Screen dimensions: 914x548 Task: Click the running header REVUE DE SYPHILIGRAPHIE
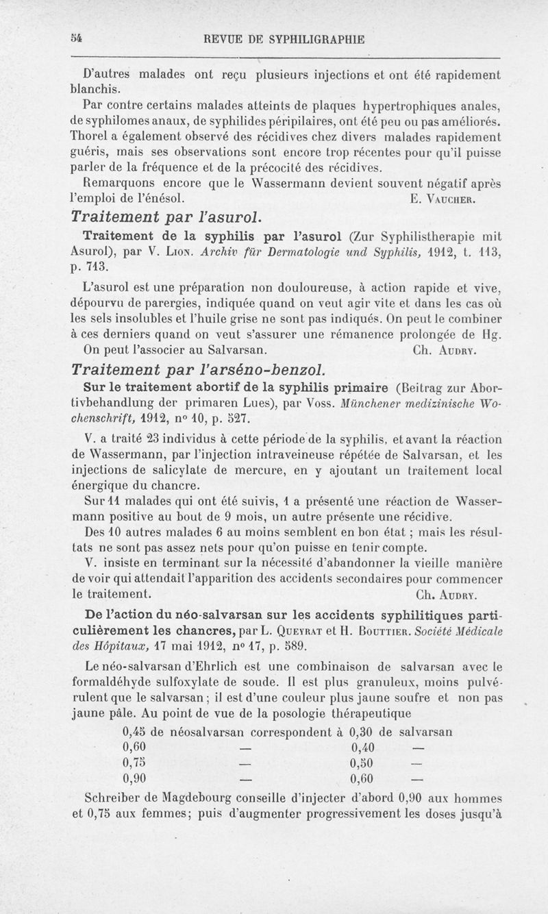tap(279, 40)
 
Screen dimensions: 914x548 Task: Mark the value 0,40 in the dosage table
tap(363, 746)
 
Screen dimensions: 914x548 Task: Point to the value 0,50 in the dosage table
tap(363, 762)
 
